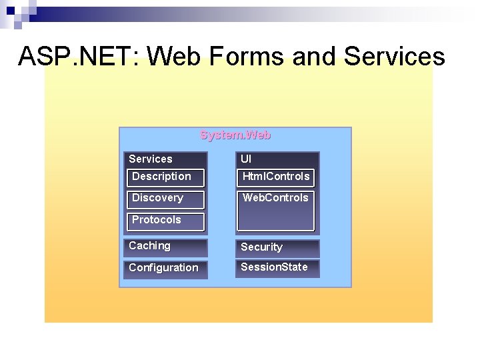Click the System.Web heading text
tap(235, 135)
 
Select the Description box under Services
tap(165, 177)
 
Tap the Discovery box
tap(165, 198)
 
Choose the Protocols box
tap(165, 220)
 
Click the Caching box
tap(165, 247)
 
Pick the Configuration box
tap(165, 268)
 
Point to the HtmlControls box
tap(276, 177)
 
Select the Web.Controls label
tap(275, 197)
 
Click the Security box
tap(277, 247)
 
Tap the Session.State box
tap(277, 268)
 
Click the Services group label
tap(151, 159)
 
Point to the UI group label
tap(246, 159)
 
